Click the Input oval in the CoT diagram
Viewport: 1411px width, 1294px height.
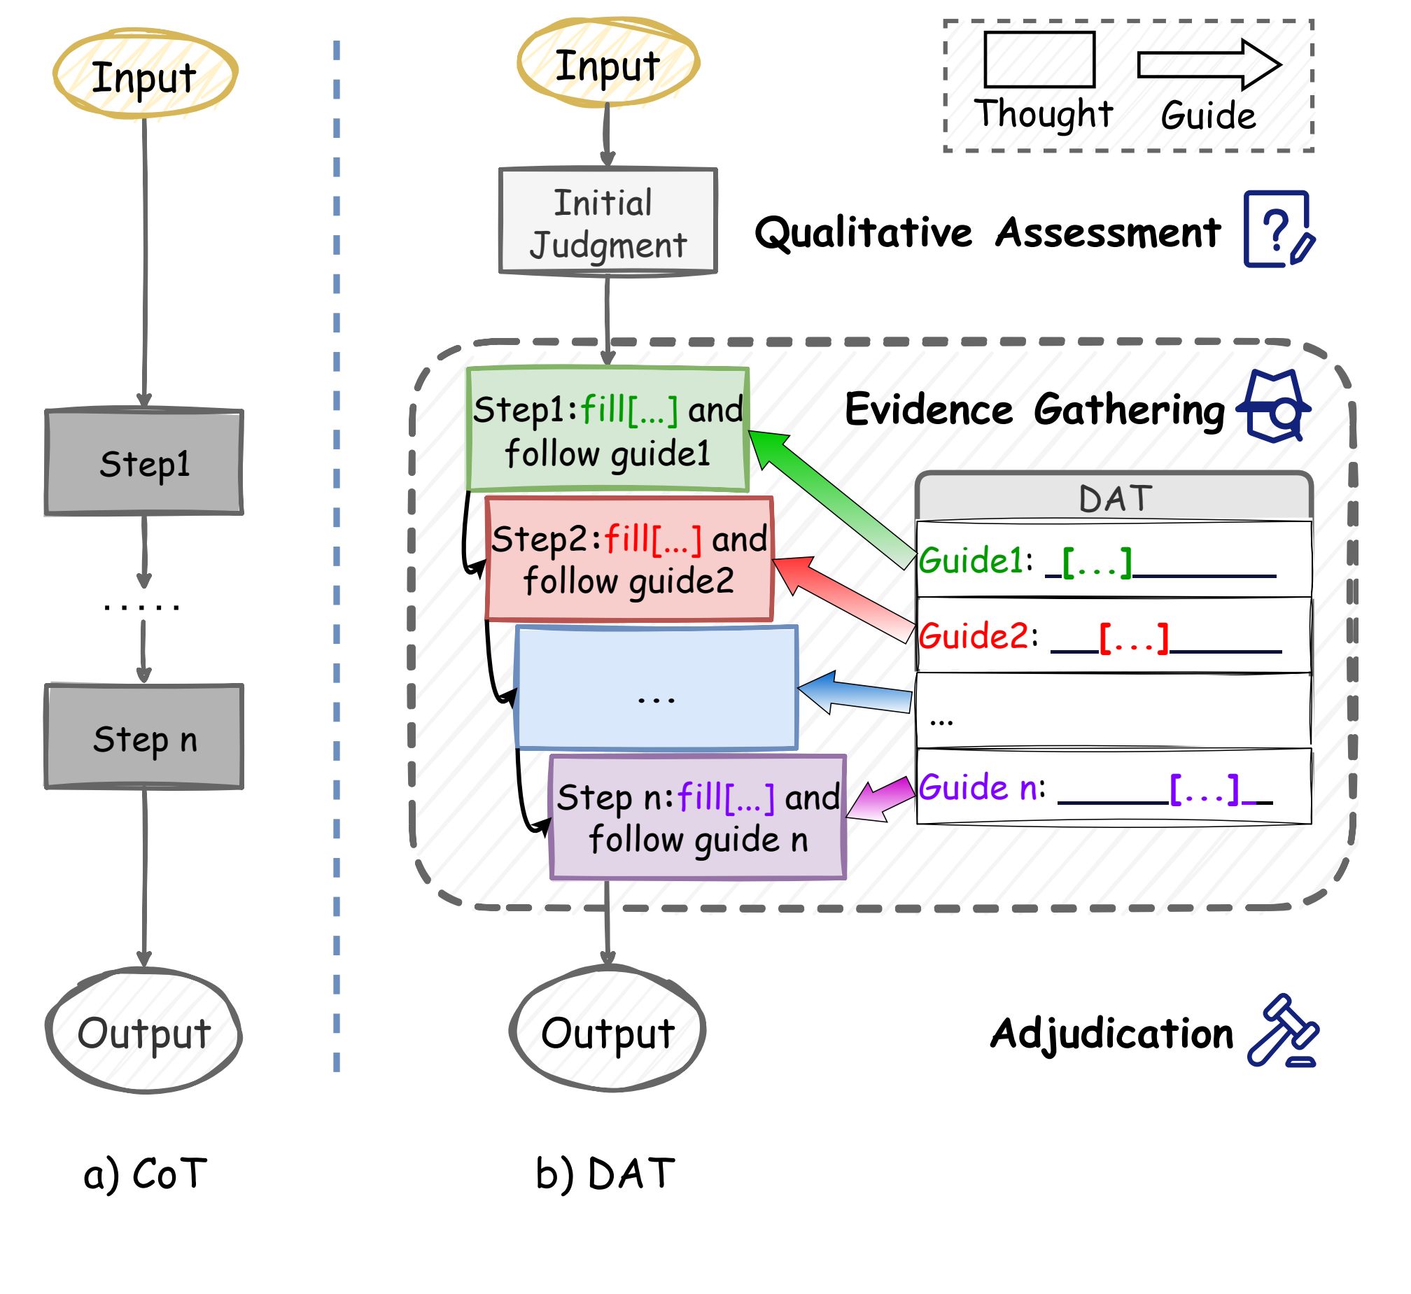tap(145, 74)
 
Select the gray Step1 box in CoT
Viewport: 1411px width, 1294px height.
tap(144, 463)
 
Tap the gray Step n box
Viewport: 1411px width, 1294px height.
tap(144, 738)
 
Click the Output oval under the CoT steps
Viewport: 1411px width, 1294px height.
tap(144, 1032)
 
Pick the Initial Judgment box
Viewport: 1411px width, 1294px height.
tap(608, 221)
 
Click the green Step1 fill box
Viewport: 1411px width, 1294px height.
tap(608, 429)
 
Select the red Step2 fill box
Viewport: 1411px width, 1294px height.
tap(629, 558)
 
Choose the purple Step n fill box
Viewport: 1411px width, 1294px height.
tap(697, 817)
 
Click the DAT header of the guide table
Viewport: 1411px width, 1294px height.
tap(1114, 498)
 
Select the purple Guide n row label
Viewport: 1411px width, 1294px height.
tap(981, 788)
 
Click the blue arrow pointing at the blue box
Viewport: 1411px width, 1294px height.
tap(855, 693)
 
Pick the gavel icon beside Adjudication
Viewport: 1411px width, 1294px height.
tap(1282, 1031)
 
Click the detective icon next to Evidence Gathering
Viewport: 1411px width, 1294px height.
tap(1274, 406)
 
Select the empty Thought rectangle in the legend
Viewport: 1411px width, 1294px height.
tap(1039, 60)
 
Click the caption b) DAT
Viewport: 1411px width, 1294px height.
tap(605, 1174)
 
